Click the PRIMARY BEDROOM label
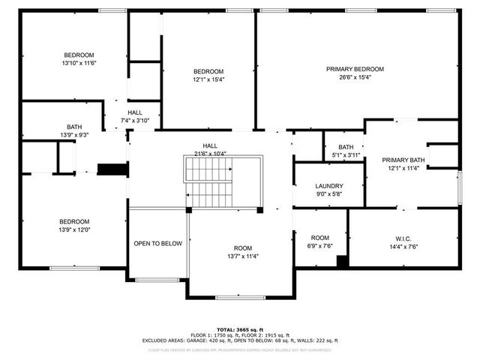pyautogui.click(x=355, y=69)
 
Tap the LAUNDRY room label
pyautogui.click(x=329, y=186)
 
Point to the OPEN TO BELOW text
pyautogui.click(x=157, y=244)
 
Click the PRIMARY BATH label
pyautogui.click(x=403, y=160)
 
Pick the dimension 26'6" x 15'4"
pyautogui.click(x=355, y=77)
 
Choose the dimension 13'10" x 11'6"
pyautogui.click(x=79, y=63)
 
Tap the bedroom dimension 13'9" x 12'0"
pyautogui.click(x=75, y=229)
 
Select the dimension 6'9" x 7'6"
pyautogui.click(x=320, y=245)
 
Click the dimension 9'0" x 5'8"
pyautogui.click(x=329, y=194)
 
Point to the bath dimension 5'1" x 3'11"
pyautogui.click(x=346, y=155)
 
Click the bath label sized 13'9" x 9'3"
pyautogui.click(x=74, y=127)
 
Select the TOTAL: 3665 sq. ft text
pyautogui.click(x=240, y=329)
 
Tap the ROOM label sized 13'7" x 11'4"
pyautogui.click(x=243, y=247)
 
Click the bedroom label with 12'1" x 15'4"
pyautogui.click(x=208, y=71)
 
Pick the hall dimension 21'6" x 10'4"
pyautogui.click(x=210, y=154)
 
